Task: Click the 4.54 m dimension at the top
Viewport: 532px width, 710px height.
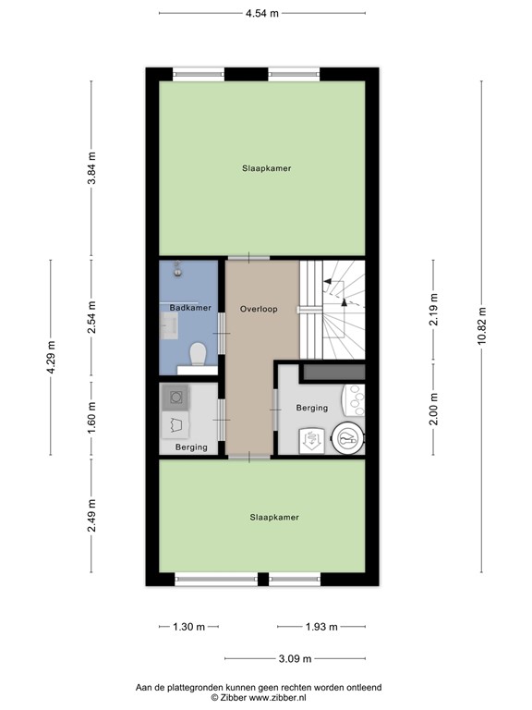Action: click(262, 13)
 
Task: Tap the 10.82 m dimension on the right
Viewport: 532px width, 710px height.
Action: click(481, 325)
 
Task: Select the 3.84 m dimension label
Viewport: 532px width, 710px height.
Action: click(91, 168)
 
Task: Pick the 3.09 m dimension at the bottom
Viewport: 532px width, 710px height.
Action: click(295, 658)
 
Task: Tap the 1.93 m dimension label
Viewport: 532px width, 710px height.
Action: click(321, 627)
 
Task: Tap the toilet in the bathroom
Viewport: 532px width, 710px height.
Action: click(197, 353)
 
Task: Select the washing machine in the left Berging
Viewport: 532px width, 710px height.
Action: click(175, 398)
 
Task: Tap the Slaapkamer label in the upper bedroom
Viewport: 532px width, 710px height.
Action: click(260, 168)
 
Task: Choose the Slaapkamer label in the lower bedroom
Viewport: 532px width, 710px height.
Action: click(274, 518)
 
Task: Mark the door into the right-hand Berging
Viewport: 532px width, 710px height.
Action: click(275, 400)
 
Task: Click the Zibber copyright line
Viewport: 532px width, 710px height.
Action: click(259, 698)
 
